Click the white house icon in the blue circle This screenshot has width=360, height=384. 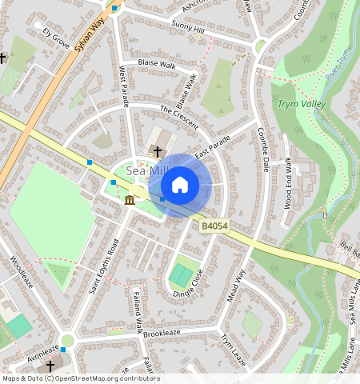(x=180, y=185)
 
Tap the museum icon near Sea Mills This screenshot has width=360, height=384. (x=130, y=199)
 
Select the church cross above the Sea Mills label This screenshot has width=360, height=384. (x=158, y=151)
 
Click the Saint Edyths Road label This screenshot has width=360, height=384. (x=104, y=266)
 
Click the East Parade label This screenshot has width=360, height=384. (x=212, y=146)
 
